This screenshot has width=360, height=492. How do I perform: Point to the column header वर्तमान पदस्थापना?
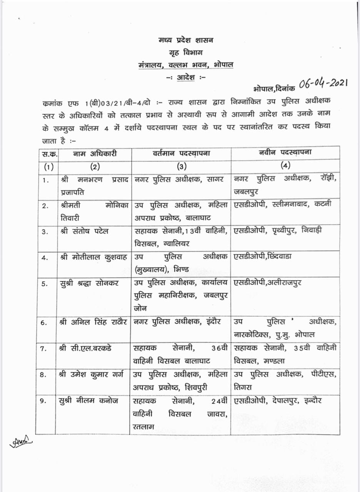coord(181,153)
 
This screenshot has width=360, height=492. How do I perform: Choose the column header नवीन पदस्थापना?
coord(285,153)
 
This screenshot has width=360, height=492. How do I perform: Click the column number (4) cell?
coord(285,166)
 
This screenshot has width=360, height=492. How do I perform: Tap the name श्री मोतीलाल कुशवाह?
coord(93,257)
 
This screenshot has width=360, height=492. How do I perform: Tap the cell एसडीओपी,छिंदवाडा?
coord(263,256)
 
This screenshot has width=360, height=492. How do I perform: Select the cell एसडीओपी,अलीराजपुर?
coord(267,283)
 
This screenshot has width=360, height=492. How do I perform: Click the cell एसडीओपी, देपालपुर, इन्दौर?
coord(278,401)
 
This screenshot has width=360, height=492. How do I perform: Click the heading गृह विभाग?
coord(187,52)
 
